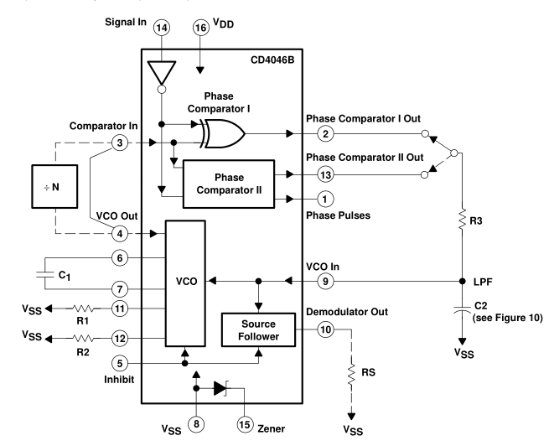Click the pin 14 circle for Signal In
pos(162,29)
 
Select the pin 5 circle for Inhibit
pos(122,365)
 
